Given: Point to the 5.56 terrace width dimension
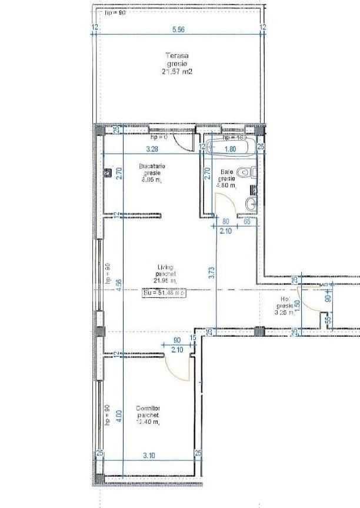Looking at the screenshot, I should [178, 29].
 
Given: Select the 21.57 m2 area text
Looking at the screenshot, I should [177, 72].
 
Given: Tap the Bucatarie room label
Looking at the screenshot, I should [152, 166].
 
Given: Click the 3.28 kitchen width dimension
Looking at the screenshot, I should [152, 149].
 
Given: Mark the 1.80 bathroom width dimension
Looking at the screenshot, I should [231, 149].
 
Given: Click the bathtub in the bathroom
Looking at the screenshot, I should [230, 143].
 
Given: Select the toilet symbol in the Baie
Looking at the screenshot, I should [252, 172].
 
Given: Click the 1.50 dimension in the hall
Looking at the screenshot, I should [297, 306].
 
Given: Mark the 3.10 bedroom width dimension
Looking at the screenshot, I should [149, 455].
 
